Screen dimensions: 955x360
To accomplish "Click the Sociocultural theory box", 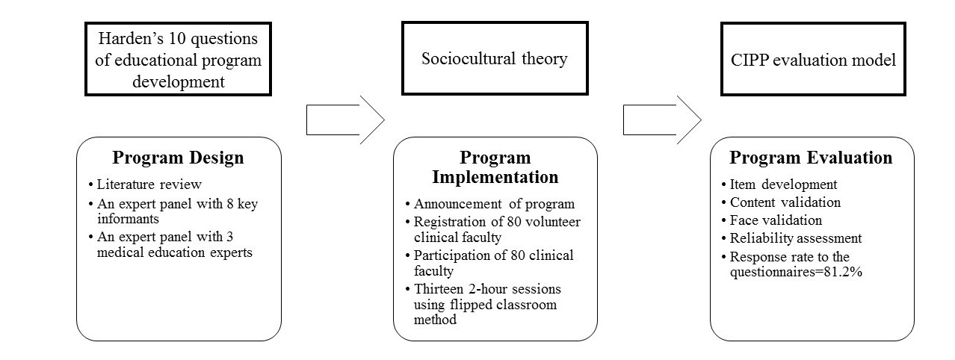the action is (x=495, y=58).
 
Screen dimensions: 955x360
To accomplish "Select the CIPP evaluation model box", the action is (x=813, y=59).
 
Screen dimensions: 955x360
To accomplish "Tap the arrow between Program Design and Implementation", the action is (x=345, y=120).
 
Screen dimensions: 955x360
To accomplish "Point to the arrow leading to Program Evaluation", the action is (x=662, y=120).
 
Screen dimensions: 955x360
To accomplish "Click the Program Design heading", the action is (x=178, y=158).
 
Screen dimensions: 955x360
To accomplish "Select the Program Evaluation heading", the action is (x=811, y=158).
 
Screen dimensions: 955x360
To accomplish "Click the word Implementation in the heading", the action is (x=495, y=177).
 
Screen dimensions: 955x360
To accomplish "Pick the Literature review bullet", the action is (x=145, y=184).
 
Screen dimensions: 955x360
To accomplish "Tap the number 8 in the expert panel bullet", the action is (x=230, y=204).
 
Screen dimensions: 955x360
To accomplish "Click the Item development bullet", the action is (x=779, y=184).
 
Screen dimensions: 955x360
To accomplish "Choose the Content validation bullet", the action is (x=781, y=202).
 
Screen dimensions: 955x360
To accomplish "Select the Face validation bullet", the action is (x=772, y=220).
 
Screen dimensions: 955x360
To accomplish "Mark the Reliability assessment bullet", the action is (x=791, y=238).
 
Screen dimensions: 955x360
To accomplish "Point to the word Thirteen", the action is (x=439, y=289).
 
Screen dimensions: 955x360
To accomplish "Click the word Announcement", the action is (x=458, y=204).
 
